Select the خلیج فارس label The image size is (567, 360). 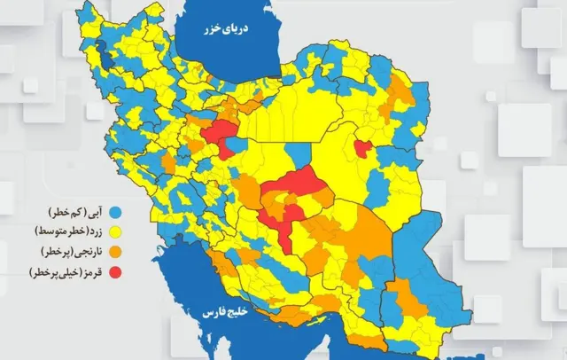click(226, 313)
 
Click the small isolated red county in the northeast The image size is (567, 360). click(362, 148)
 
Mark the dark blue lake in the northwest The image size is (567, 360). click(106, 59)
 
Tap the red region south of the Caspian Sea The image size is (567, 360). click(220, 137)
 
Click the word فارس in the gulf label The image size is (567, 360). click(212, 314)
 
